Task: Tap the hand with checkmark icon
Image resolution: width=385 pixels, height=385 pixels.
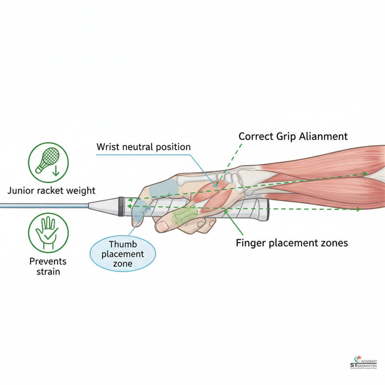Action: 48,233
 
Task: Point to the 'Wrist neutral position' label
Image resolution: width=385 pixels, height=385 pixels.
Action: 143,146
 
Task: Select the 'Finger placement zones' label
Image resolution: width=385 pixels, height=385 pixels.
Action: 292,243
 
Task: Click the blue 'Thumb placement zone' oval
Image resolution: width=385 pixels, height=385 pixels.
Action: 123,254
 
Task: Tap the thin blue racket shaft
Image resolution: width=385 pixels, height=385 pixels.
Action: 43,205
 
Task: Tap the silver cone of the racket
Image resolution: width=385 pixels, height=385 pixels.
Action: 103,205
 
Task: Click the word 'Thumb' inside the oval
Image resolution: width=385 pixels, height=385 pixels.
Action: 123,244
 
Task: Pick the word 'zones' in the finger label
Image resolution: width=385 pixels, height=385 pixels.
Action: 332,243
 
